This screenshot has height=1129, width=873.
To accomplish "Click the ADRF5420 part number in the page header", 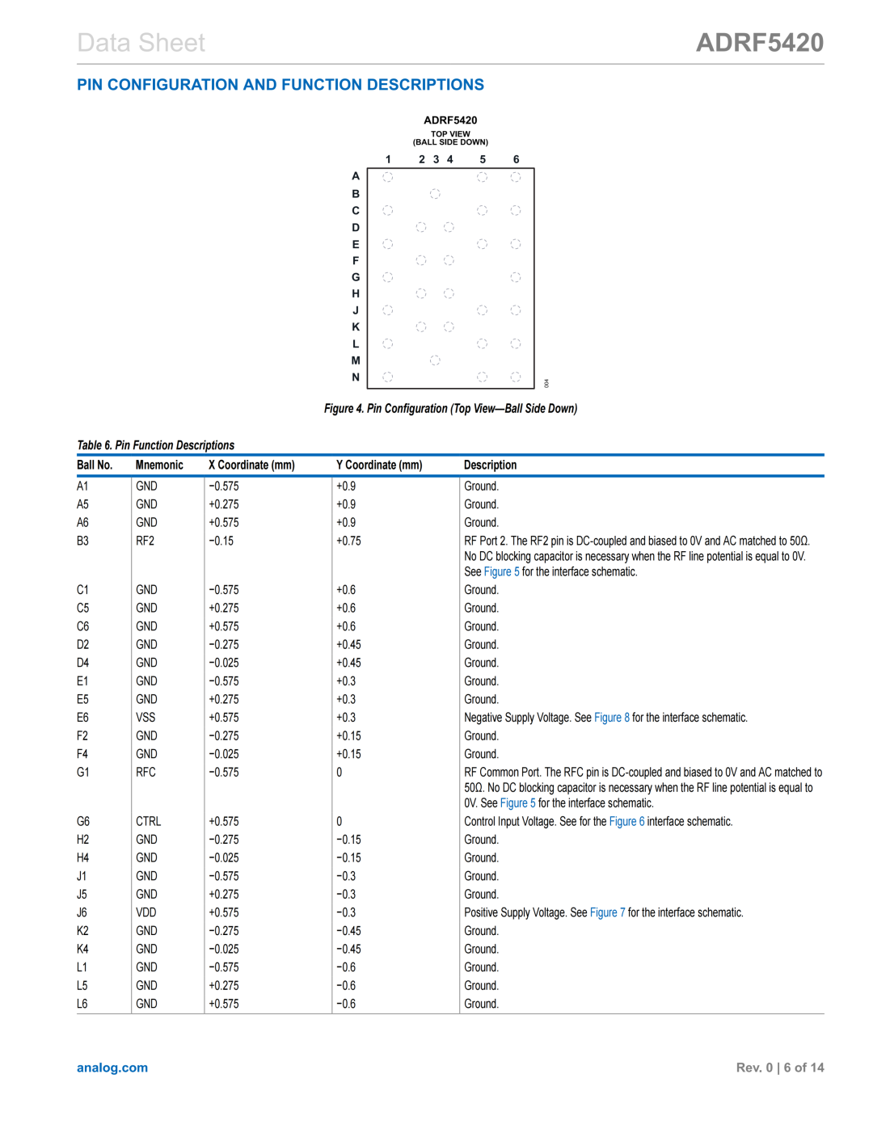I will click(759, 42).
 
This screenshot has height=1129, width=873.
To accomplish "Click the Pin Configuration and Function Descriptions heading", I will click(280, 85).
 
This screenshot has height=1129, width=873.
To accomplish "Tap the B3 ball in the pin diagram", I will click(435, 194).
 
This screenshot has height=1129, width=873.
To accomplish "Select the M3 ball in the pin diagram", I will click(435, 360).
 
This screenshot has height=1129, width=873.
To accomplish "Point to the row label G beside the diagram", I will click(356, 277).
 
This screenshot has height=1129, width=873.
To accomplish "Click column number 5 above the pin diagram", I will click(483, 159).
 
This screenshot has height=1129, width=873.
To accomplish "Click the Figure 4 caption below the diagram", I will click(450, 409).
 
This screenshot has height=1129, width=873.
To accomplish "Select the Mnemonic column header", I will click(159, 466).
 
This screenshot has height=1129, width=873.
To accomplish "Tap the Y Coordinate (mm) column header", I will click(379, 466).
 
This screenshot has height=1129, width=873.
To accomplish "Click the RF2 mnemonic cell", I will click(145, 541).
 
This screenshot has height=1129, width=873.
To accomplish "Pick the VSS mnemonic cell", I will click(145, 718).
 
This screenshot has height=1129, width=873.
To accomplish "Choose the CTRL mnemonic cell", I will click(148, 822).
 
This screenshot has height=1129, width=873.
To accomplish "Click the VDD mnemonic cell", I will click(145, 913).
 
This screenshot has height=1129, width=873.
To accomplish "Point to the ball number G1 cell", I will click(83, 773).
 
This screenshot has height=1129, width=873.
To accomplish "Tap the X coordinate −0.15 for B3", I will click(221, 541).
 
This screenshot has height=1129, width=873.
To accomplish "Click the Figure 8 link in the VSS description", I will click(611, 718).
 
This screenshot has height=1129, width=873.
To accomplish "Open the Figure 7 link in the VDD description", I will click(607, 913).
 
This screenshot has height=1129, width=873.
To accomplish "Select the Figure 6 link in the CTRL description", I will click(626, 822).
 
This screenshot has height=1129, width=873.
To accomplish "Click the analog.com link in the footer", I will click(112, 1068).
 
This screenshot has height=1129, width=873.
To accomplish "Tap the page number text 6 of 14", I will click(803, 1068).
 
